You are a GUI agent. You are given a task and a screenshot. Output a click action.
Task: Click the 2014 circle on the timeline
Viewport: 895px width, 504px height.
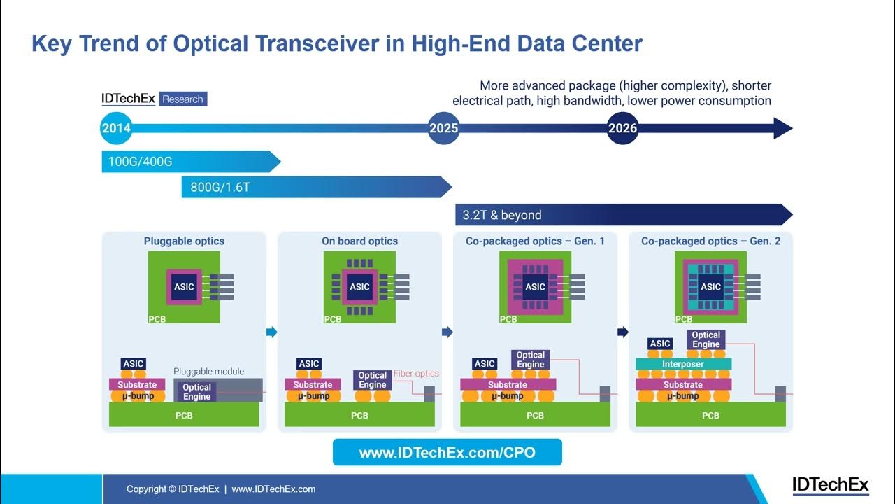(116, 128)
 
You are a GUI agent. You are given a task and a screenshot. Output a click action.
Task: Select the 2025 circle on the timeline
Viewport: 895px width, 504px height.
(443, 128)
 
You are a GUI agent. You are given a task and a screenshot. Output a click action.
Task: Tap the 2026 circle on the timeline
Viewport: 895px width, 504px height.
(622, 128)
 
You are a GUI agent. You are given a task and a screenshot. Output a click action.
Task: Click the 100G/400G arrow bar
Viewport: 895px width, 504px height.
(189, 162)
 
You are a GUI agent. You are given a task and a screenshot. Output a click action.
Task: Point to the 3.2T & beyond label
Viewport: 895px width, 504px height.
(502, 215)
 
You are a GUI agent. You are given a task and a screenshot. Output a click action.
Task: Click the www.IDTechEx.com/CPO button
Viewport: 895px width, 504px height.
(447, 453)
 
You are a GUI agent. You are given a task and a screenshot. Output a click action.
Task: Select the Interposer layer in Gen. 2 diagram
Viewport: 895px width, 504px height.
(683, 364)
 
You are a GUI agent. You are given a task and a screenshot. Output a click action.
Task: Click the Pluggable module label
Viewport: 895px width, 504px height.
(208, 371)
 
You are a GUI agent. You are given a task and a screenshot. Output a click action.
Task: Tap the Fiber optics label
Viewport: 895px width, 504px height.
(416, 374)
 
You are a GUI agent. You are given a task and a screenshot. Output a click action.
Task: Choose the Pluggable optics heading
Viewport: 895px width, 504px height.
(184, 241)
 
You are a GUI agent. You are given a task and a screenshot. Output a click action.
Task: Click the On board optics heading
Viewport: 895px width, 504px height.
(359, 241)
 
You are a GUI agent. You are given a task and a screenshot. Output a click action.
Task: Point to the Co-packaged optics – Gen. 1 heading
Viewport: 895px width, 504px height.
(535, 241)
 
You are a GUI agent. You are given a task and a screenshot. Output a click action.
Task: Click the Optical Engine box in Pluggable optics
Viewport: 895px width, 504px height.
(197, 391)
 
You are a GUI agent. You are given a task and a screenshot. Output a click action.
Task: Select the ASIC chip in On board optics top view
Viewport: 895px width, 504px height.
(359, 286)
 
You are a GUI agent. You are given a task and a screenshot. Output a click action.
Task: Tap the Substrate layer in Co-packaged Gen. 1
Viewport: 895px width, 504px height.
(508, 384)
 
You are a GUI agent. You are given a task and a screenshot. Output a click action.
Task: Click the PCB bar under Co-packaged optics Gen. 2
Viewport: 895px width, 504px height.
(710, 415)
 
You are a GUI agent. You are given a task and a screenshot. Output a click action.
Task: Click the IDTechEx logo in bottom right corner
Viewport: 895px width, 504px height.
(830, 485)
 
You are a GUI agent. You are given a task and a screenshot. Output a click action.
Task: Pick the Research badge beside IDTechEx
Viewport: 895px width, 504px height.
(182, 99)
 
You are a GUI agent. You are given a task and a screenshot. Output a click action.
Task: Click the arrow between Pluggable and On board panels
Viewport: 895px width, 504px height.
(272, 332)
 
